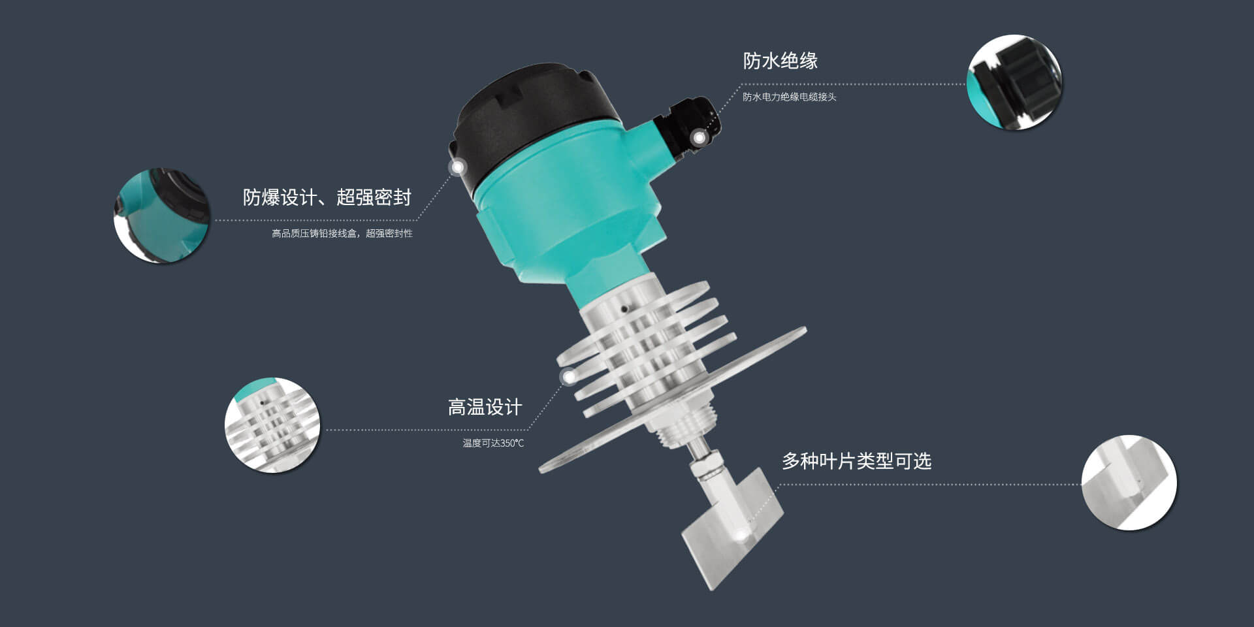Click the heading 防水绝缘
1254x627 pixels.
780,61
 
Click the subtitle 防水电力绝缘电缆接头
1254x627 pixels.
789,97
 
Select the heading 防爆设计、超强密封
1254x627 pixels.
327,197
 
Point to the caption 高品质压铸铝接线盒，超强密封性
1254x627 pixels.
342,233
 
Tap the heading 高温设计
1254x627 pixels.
485,408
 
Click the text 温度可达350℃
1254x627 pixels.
493,443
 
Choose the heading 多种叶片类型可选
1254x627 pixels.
857,461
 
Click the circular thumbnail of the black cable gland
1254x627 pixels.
1014,82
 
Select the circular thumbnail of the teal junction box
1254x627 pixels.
161,216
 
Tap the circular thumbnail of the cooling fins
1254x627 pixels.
272,425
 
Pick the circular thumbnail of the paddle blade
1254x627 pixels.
1129,483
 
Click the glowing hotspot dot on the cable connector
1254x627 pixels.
699,138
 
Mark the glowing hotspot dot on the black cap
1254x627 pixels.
458,167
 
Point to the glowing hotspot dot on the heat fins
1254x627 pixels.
569,377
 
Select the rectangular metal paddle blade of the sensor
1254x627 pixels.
731,529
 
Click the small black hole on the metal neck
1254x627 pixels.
624,308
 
